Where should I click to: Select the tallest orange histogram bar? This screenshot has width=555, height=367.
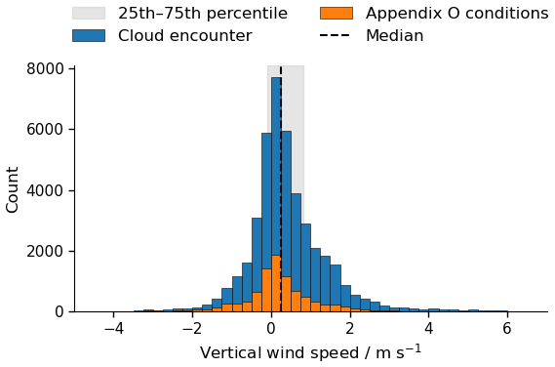click(276, 283)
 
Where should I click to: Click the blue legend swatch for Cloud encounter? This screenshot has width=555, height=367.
click(89, 36)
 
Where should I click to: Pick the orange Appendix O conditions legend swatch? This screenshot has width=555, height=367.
click(337, 13)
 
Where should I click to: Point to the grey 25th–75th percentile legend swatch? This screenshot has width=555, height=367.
click(89, 13)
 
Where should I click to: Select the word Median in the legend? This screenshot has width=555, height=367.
click(395, 36)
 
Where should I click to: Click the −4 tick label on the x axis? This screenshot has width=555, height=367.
click(113, 329)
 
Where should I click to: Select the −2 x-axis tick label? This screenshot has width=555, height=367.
click(192, 329)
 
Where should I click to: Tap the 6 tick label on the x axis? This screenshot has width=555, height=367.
click(507, 329)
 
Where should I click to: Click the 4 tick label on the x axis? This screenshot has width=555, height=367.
click(428, 329)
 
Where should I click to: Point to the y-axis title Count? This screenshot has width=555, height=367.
click(12, 190)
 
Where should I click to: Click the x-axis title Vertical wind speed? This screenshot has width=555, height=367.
click(280, 353)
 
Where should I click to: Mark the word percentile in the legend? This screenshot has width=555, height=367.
click(247, 14)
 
